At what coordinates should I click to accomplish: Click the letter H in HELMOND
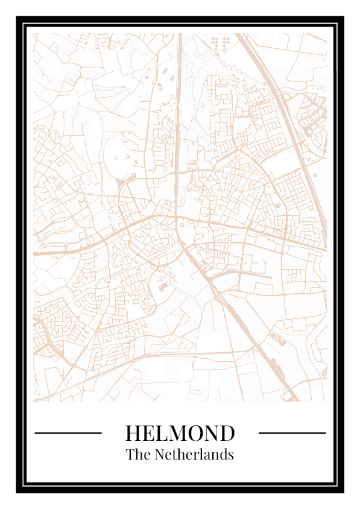pyautogui.click(x=133, y=433)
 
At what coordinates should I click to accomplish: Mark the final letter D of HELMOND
pyautogui.click(x=227, y=433)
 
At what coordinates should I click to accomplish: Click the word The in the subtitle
pyautogui.click(x=138, y=455)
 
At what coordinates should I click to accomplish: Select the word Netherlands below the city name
pyautogui.click(x=194, y=455)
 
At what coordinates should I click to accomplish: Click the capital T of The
pyautogui.click(x=130, y=455)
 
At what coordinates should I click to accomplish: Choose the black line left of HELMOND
pyautogui.click(x=68, y=433)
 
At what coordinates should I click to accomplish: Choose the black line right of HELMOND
pyautogui.click(x=292, y=433)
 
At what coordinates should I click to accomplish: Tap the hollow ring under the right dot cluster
pyautogui.click(x=226, y=49)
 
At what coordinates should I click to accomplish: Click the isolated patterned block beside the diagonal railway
pyautogui.click(x=277, y=339)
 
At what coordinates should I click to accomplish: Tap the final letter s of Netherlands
pyautogui.click(x=230, y=455)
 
